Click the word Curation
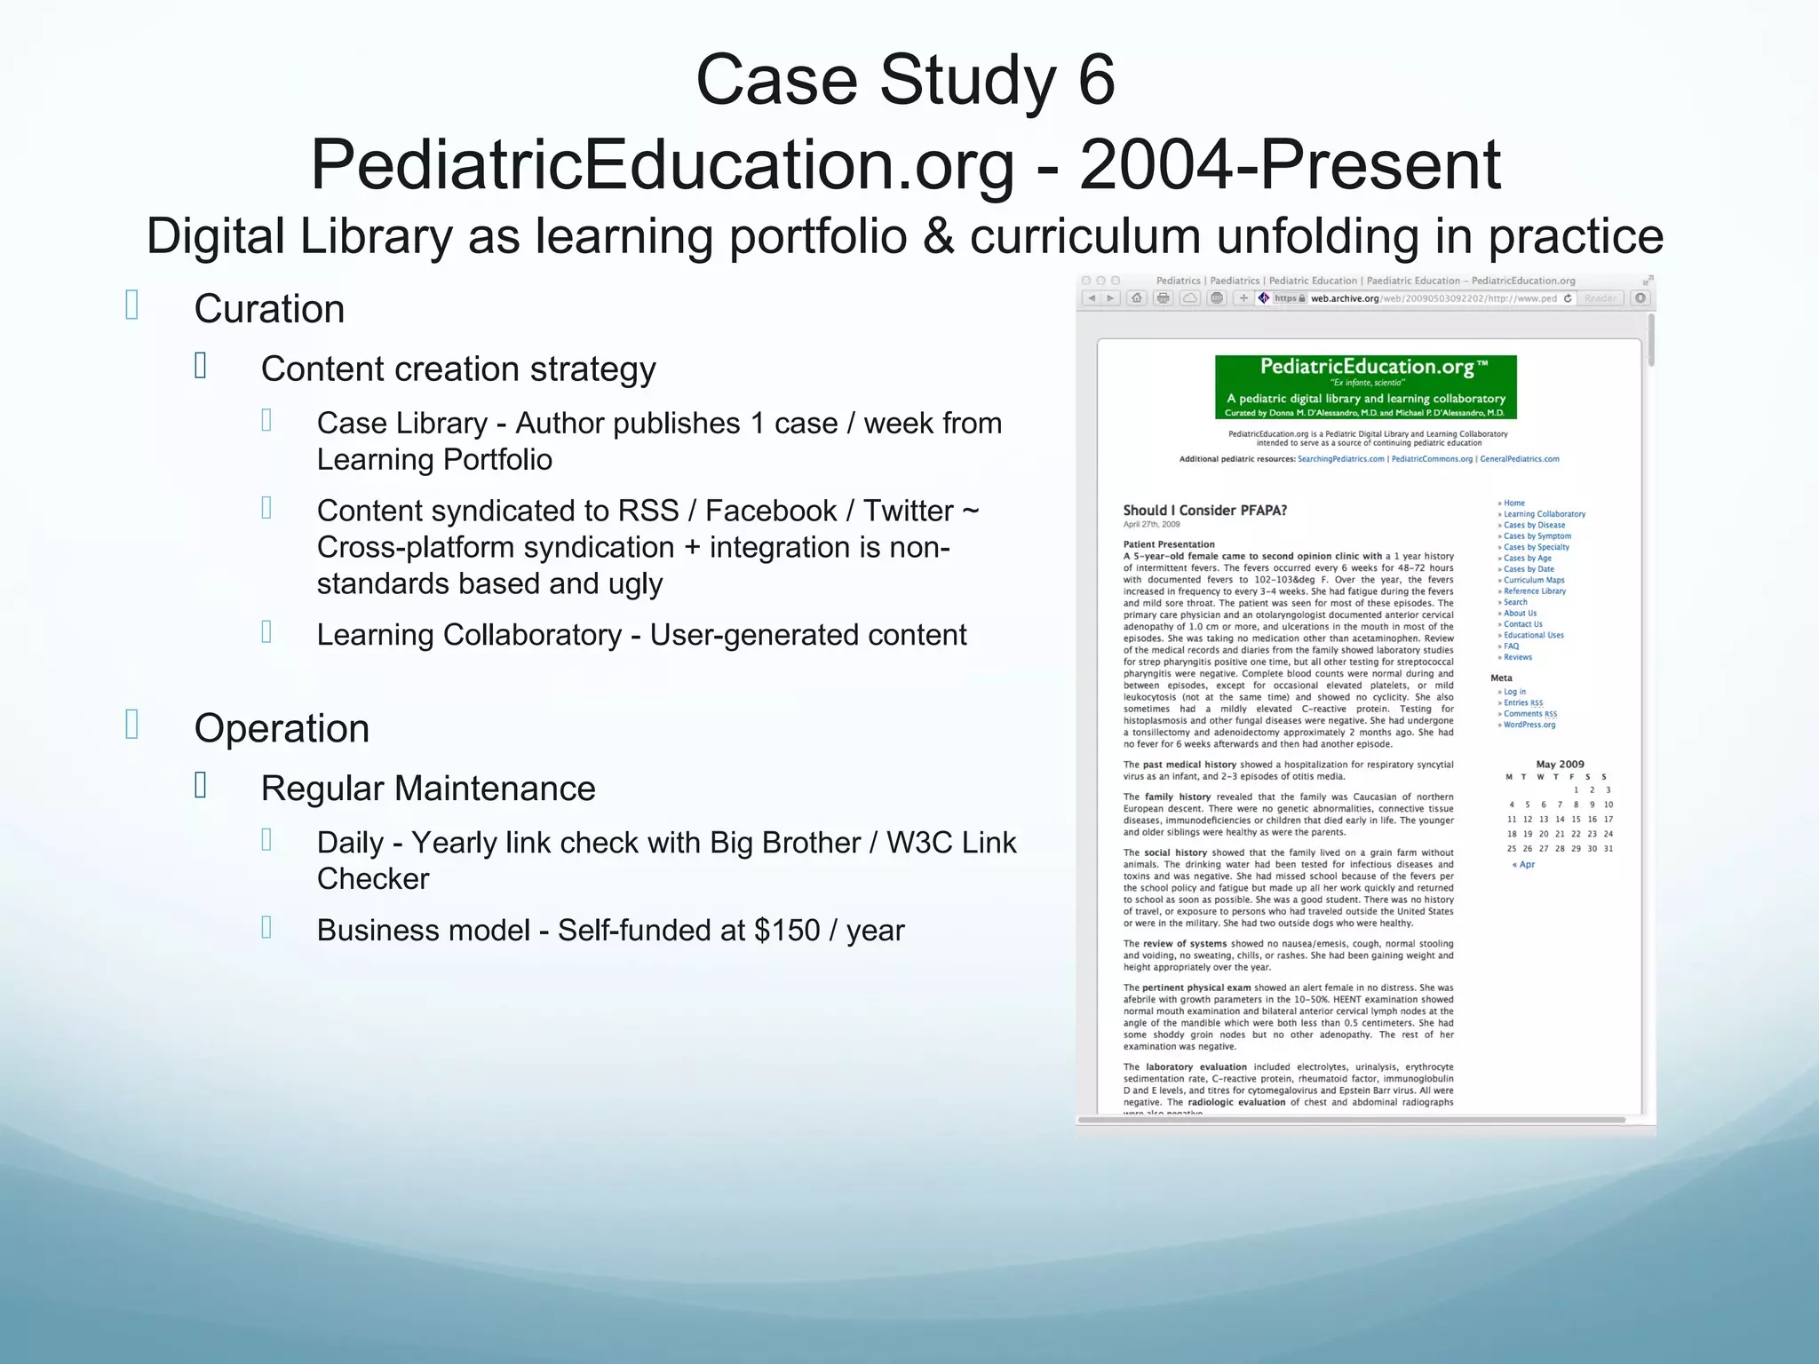click(x=269, y=310)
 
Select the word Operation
click(x=282, y=729)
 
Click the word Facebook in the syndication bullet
click(x=771, y=511)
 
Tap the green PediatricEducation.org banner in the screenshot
click(x=1365, y=387)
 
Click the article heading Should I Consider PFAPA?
click(x=1204, y=511)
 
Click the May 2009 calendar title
click(x=1560, y=764)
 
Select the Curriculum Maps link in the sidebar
click(x=1534, y=580)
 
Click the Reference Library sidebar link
click(x=1534, y=591)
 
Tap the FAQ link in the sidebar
click(x=1511, y=646)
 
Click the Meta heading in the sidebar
click(x=1501, y=678)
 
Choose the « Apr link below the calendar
click(x=1523, y=864)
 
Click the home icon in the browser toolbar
click(x=1136, y=298)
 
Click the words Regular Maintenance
click(x=428, y=789)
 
